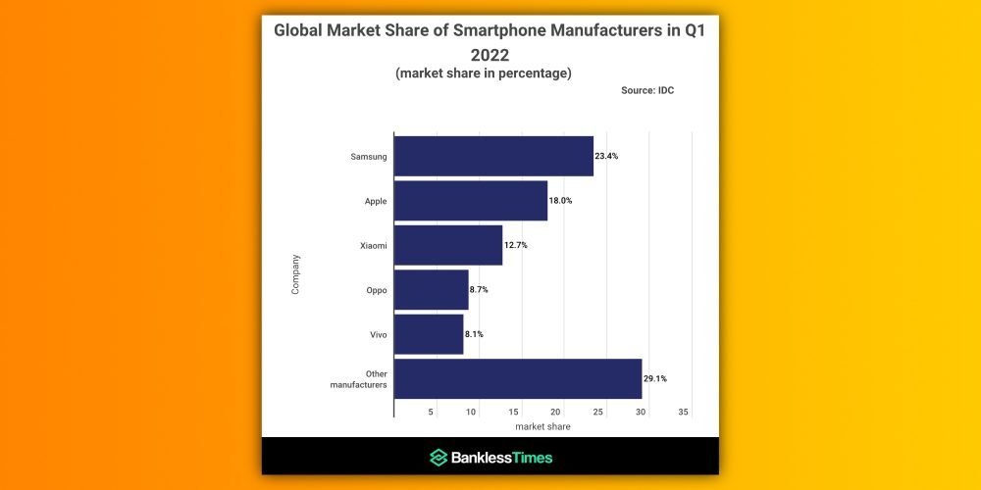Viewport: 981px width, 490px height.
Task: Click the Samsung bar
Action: point(493,157)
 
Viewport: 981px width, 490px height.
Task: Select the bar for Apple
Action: point(471,201)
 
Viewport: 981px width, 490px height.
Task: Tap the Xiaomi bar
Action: point(448,245)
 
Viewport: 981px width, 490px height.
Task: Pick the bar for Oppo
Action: point(432,290)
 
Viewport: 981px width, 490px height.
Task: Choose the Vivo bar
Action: point(429,334)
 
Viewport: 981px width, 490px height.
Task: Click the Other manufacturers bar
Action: point(518,379)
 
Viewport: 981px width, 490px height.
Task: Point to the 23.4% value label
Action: point(606,157)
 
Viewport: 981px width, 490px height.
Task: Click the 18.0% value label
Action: point(560,201)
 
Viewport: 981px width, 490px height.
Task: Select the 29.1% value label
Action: point(655,379)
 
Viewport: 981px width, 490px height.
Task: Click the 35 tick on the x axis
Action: point(684,412)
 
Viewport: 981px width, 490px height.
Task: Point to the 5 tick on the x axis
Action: point(431,412)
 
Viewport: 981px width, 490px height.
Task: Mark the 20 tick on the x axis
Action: point(556,412)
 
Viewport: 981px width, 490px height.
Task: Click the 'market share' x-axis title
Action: point(542,426)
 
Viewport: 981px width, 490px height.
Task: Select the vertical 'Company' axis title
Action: point(296,274)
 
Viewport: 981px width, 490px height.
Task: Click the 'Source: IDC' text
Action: point(647,90)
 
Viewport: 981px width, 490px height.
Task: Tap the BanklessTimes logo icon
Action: point(439,458)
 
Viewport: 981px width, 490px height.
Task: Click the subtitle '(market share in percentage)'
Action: point(484,73)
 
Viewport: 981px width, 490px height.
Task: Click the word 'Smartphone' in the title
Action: point(511,30)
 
